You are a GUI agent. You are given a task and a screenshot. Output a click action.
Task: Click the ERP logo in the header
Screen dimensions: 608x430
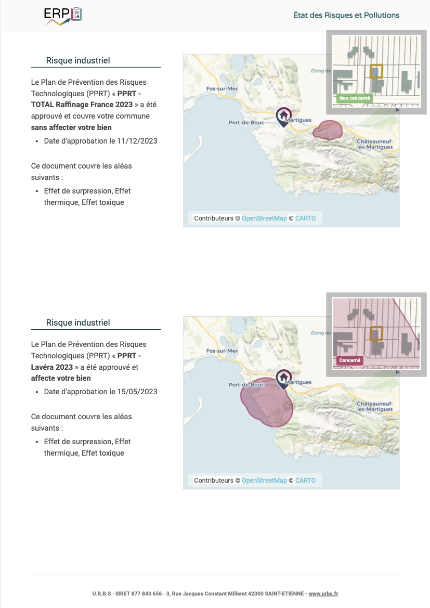tap(63, 16)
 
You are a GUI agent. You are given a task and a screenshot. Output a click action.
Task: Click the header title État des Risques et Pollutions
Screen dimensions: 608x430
tap(346, 16)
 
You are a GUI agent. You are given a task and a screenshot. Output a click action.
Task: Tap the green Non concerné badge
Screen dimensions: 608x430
tap(354, 98)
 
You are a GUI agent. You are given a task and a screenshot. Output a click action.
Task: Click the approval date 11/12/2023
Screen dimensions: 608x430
tap(137, 141)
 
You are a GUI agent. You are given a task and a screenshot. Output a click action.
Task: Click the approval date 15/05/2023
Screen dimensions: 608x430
tap(137, 392)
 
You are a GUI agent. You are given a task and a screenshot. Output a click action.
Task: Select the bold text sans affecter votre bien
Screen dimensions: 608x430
tap(71, 127)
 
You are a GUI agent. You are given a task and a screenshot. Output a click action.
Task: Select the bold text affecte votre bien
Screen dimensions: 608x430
tap(61, 378)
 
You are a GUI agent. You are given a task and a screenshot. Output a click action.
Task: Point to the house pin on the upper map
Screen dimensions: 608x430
tap(283, 116)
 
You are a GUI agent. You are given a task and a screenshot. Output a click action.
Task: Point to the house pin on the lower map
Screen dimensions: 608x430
tap(283, 378)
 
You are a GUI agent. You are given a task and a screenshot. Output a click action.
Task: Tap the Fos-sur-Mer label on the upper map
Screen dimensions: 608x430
tap(221, 89)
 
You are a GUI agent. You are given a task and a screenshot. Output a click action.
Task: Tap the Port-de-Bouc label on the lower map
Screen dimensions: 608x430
tap(246, 385)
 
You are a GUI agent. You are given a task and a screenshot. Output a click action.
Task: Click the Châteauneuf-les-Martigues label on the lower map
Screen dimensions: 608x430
tap(375, 406)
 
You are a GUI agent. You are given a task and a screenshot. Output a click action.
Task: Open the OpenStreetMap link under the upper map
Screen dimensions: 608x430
tap(264, 218)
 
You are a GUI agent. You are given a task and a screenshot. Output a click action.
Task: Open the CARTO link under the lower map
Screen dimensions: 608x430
tap(305, 481)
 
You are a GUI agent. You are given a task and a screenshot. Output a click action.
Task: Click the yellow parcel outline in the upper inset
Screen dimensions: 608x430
tap(376, 71)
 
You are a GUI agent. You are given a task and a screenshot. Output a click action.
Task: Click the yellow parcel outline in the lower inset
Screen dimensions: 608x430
tap(376, 333)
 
